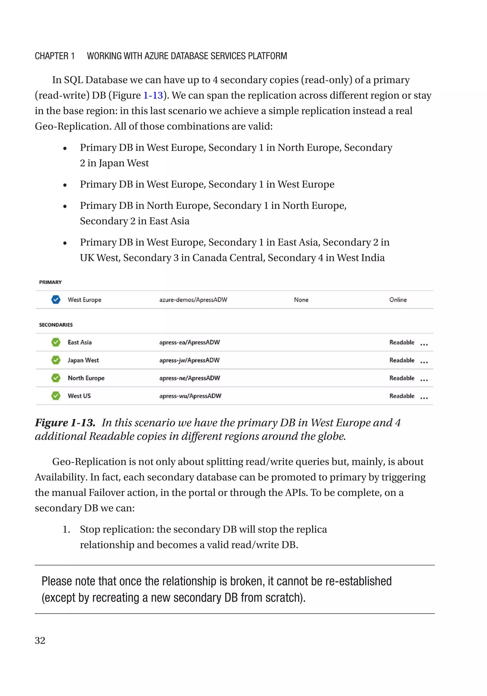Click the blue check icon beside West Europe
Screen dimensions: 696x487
point(56,299)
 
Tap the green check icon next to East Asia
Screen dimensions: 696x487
point(56,342)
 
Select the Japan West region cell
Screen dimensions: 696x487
point(83,360)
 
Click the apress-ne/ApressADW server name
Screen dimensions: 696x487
point(190,378)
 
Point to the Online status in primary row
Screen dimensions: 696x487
point(398,299)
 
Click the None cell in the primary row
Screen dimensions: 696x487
point(301,299)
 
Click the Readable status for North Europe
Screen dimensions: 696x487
point(402,378)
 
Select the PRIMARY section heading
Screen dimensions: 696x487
point(50,282)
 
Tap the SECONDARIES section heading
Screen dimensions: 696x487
point(56,325)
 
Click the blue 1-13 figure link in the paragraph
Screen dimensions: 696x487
point(153,95)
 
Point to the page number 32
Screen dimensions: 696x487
point(40,640)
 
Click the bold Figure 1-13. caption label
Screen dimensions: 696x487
point(65,422)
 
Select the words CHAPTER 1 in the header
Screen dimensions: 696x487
point(54,56)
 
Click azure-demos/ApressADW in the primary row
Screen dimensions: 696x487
point(193,299)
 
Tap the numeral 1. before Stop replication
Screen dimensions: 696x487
point(66,529)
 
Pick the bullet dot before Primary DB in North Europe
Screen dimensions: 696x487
point(65,206)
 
